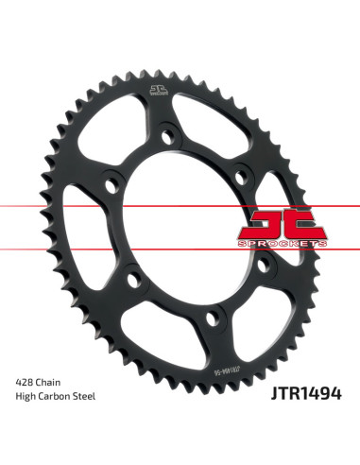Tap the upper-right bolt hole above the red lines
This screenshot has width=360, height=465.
click(x=242, y=170)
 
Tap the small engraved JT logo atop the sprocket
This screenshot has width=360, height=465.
click(x=157, y=93)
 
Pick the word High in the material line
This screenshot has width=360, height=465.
click(x=27, y=397)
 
